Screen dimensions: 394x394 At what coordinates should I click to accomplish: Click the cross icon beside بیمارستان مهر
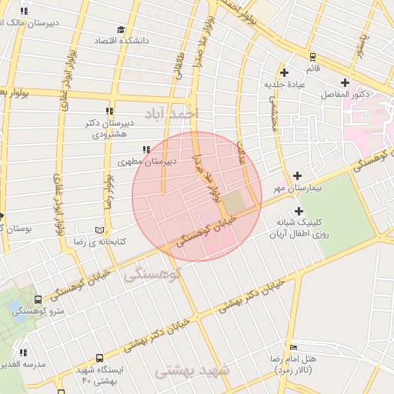pyautogui.click(x=297, y=175)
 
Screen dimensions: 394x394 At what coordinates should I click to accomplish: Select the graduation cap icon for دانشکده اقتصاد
pyautogui.click(x=120, y=29)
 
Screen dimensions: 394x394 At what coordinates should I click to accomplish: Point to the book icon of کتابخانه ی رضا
pyautogui.click(x=98, y=230)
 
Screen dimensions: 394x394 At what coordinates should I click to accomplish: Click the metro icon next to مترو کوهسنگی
pyautogui.click(x=38, y=299)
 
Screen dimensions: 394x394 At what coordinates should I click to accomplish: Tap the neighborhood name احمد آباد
pyautogui.click(x=182, y=114)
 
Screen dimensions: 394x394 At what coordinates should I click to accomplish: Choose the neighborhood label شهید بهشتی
pyautogui.click(x=193, y=371)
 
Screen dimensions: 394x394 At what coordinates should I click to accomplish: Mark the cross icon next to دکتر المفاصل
pyautogui.click(x=345, y=82)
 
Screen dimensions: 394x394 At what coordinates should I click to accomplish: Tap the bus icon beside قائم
pyautogui.click(x=312, y=56)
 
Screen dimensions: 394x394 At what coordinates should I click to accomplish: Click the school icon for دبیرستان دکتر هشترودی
pyautogui.click(x=109, y=112)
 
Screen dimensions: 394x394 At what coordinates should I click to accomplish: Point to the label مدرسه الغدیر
pyautogui.click(x=23, y=362)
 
